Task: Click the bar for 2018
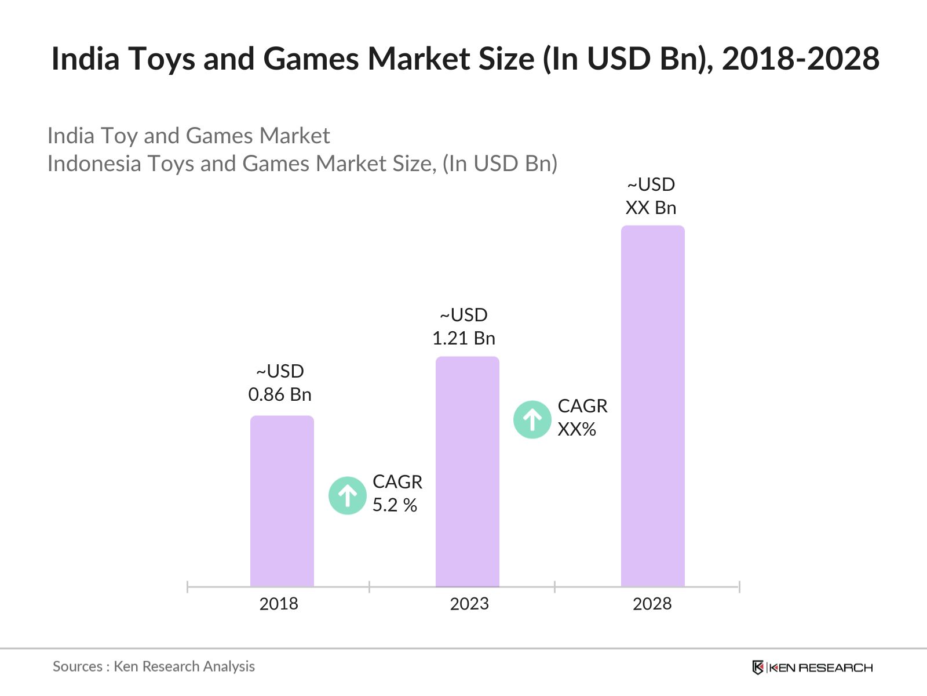coord(282,502)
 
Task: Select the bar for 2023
coord(468,472)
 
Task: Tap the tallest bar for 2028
coord(653,406)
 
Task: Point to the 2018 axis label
coord(279,604)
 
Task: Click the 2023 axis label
coord(469,604)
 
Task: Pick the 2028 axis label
coord(652,604)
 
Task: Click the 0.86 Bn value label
coord(280,394)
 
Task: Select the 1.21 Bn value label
coord(463,338)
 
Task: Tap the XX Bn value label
coord(651,208)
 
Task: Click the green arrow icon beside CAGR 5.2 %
coord(348,496)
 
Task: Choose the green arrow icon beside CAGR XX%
coord(532,419)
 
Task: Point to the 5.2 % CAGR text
coord(395,505)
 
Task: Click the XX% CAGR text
coord(577,429)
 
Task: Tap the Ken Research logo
coord(812,668)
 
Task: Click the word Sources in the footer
coord(78,666)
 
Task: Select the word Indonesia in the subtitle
coord(94,164)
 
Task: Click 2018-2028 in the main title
coord(801,59)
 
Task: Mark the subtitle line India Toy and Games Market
coord(188,136)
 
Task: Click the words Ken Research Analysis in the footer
coord(184,666)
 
